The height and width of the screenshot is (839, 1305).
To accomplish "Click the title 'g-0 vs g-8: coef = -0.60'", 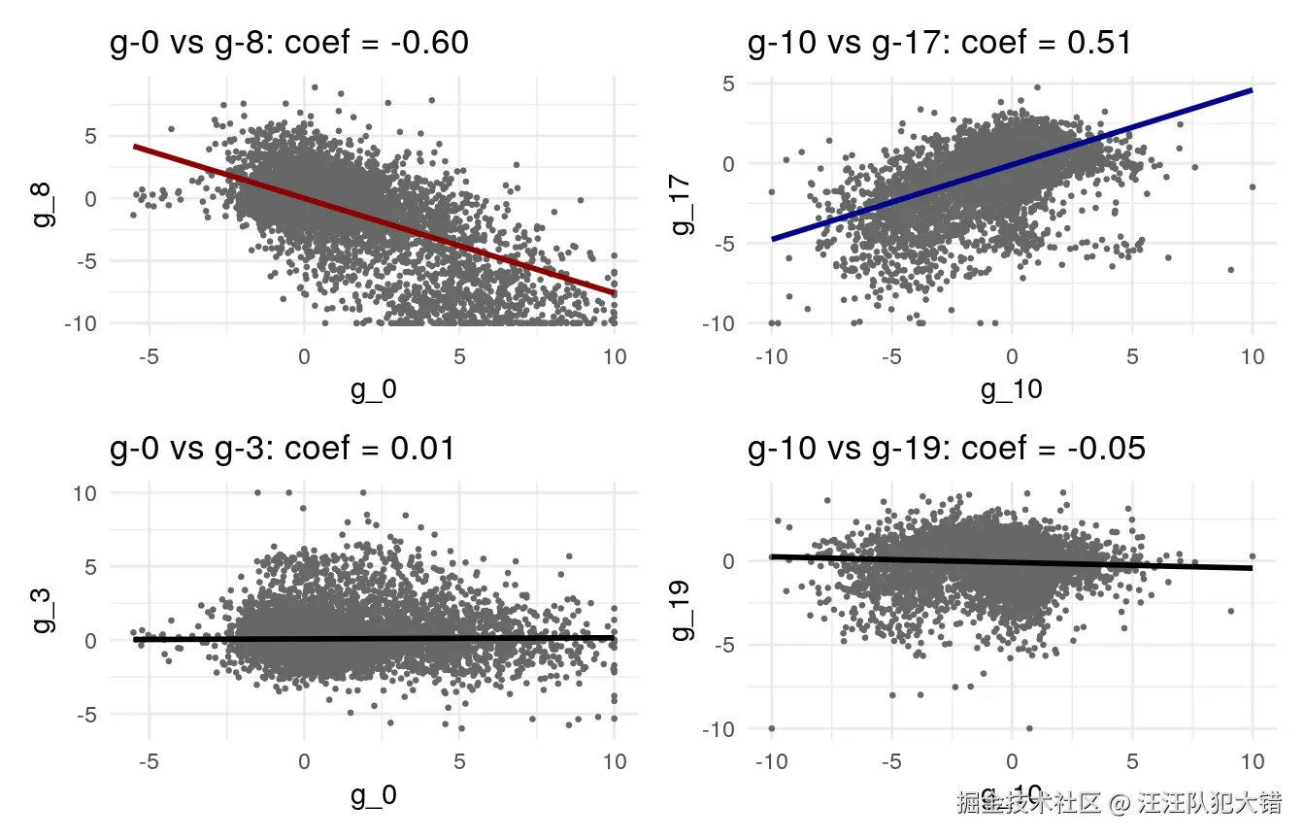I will [288, 44].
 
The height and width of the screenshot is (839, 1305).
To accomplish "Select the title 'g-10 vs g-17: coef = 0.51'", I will [939, 44].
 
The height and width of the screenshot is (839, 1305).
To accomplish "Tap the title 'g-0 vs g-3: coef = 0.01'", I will [283, 450].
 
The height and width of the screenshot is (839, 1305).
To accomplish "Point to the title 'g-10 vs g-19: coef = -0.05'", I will [947, 450].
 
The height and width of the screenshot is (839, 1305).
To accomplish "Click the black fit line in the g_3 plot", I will [388, 638].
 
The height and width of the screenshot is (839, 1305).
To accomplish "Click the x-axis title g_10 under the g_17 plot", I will [1011, 389].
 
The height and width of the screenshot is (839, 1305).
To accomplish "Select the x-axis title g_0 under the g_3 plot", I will [373, 796].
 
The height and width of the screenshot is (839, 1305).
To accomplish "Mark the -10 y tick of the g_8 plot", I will [81, 322].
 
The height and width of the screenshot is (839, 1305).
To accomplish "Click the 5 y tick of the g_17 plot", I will [726, 84].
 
